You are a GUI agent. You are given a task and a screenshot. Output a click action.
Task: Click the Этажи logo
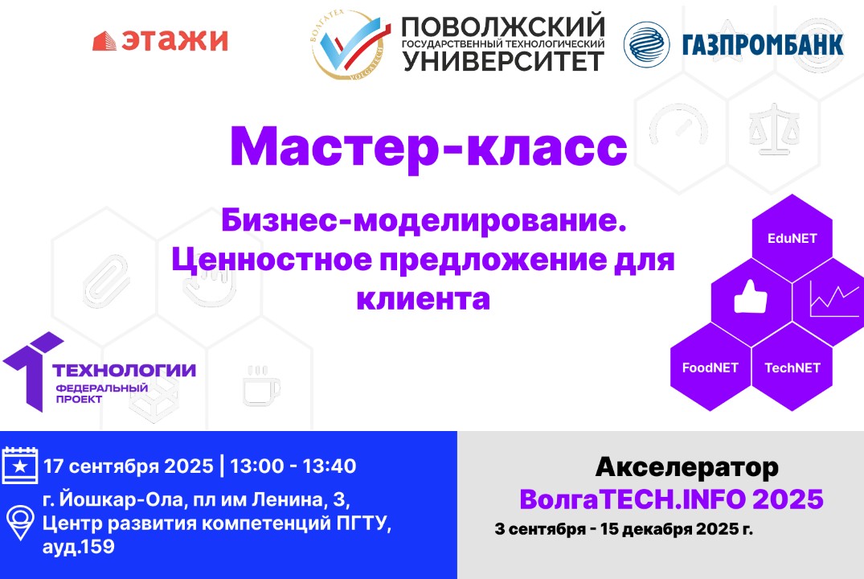160,40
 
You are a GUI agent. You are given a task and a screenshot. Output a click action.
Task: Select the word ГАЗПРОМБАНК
762,43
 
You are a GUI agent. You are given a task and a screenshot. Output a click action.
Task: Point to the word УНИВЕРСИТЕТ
503,60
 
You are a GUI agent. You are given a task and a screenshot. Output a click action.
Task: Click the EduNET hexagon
792,238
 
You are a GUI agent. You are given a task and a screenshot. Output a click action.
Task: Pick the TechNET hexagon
792,368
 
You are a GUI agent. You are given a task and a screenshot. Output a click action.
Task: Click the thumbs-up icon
751,300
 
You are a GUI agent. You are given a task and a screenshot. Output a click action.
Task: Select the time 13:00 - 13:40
293,466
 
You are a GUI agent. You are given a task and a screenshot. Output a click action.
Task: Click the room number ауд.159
79,548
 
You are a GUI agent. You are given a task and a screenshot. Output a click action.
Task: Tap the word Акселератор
686,466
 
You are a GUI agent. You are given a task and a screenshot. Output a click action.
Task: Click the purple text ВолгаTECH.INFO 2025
671,499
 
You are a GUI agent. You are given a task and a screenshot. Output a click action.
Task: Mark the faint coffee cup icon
261,385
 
